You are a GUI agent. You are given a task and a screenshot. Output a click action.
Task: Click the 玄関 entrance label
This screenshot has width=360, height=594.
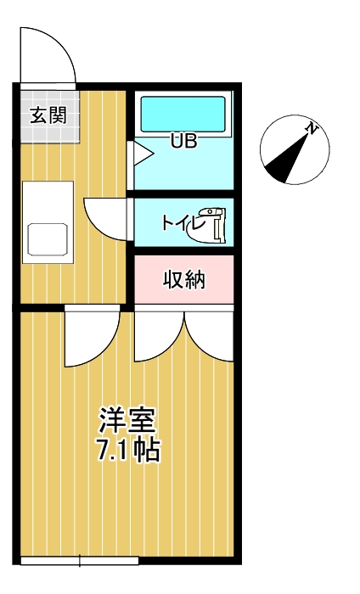[48, 116]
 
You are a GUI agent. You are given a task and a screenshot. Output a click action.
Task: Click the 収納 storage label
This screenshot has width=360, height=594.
[184, 279]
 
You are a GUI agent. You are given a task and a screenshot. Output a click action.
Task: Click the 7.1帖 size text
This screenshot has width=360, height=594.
[127, 450]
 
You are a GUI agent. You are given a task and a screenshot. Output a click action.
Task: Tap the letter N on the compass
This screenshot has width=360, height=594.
[312, 129]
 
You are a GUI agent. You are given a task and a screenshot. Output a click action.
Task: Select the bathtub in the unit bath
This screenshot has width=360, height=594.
[183, 114]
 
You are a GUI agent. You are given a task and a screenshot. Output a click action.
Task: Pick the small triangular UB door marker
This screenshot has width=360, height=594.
[138, 154]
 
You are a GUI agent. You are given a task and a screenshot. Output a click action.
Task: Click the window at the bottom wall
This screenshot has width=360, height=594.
[79, 560]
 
